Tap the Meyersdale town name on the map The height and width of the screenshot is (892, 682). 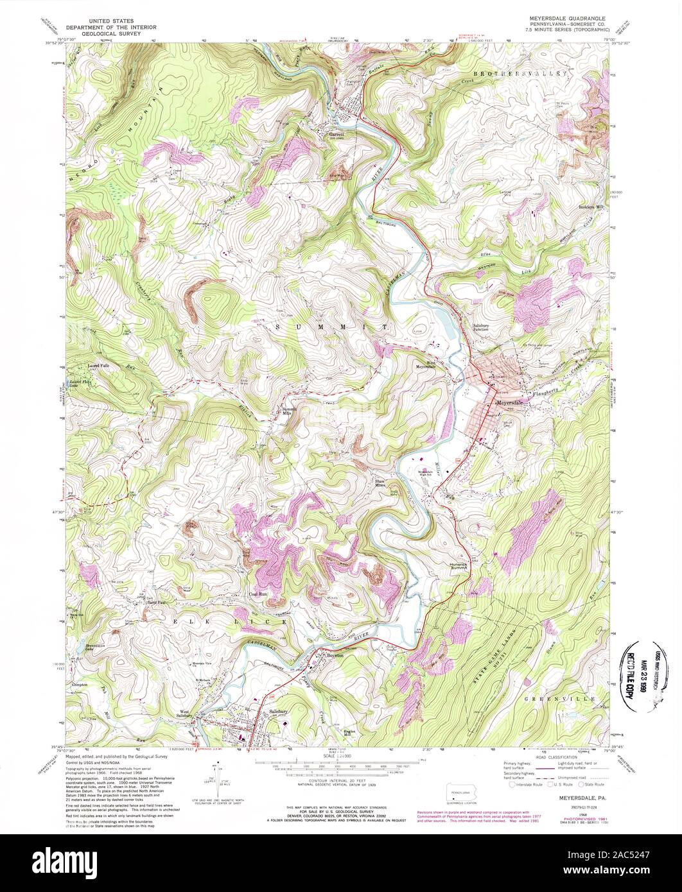click(512, 402)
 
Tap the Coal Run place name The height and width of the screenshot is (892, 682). click(258, 595)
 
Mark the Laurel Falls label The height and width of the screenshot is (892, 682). click(99, 366)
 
